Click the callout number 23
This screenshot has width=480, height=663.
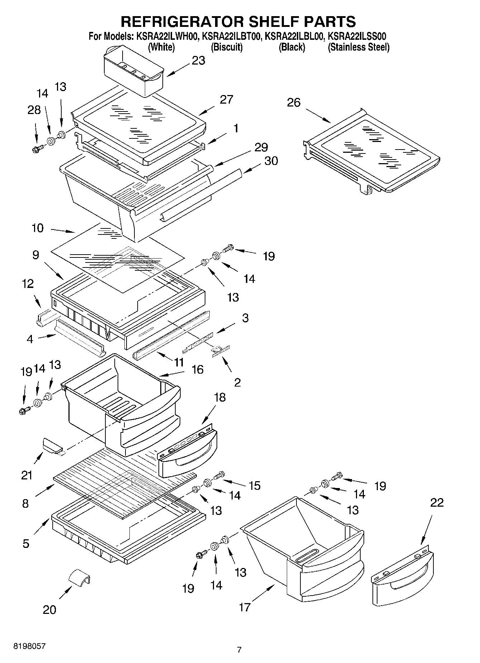[198, 61]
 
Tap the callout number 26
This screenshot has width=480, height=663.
[294, 103]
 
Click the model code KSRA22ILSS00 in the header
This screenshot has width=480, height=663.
[357, 36]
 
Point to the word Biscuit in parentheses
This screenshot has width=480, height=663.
[227, 47]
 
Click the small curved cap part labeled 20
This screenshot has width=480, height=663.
[79, 578]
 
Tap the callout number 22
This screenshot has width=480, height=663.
[437, 502]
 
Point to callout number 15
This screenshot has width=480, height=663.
[255, 486]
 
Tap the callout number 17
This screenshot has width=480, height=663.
[244, 607]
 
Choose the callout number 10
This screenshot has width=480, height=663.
[38, 228]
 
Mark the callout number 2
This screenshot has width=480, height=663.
[237, 382]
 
